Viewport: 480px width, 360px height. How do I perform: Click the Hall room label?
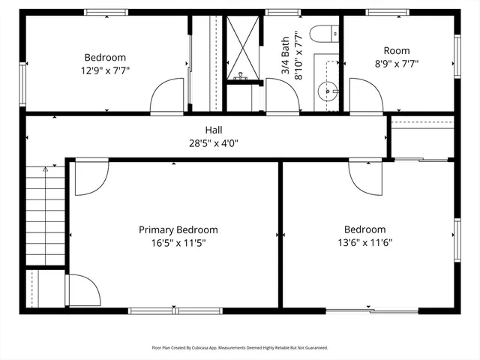pos(214,130)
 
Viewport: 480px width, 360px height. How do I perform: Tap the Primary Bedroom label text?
pos(178,230)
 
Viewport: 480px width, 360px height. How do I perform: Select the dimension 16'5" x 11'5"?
pos(178,243)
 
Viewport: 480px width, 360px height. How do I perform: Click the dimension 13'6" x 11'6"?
pos(365,242)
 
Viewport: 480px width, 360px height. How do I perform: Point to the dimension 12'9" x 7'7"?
pos(105,70)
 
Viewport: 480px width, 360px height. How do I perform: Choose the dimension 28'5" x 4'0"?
pos(214,142)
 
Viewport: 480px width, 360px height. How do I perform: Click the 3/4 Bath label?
pos(286,56)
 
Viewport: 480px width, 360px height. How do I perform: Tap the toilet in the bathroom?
pos(325,34)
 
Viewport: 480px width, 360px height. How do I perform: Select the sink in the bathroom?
pos(328,91)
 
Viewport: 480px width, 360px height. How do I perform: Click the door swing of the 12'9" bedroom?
pos(166,96)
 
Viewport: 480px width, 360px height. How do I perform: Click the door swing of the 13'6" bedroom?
pos(365,177)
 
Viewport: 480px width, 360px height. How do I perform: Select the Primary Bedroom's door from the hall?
pos(91,176)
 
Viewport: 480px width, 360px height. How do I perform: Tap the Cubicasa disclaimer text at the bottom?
pos(240,347)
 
